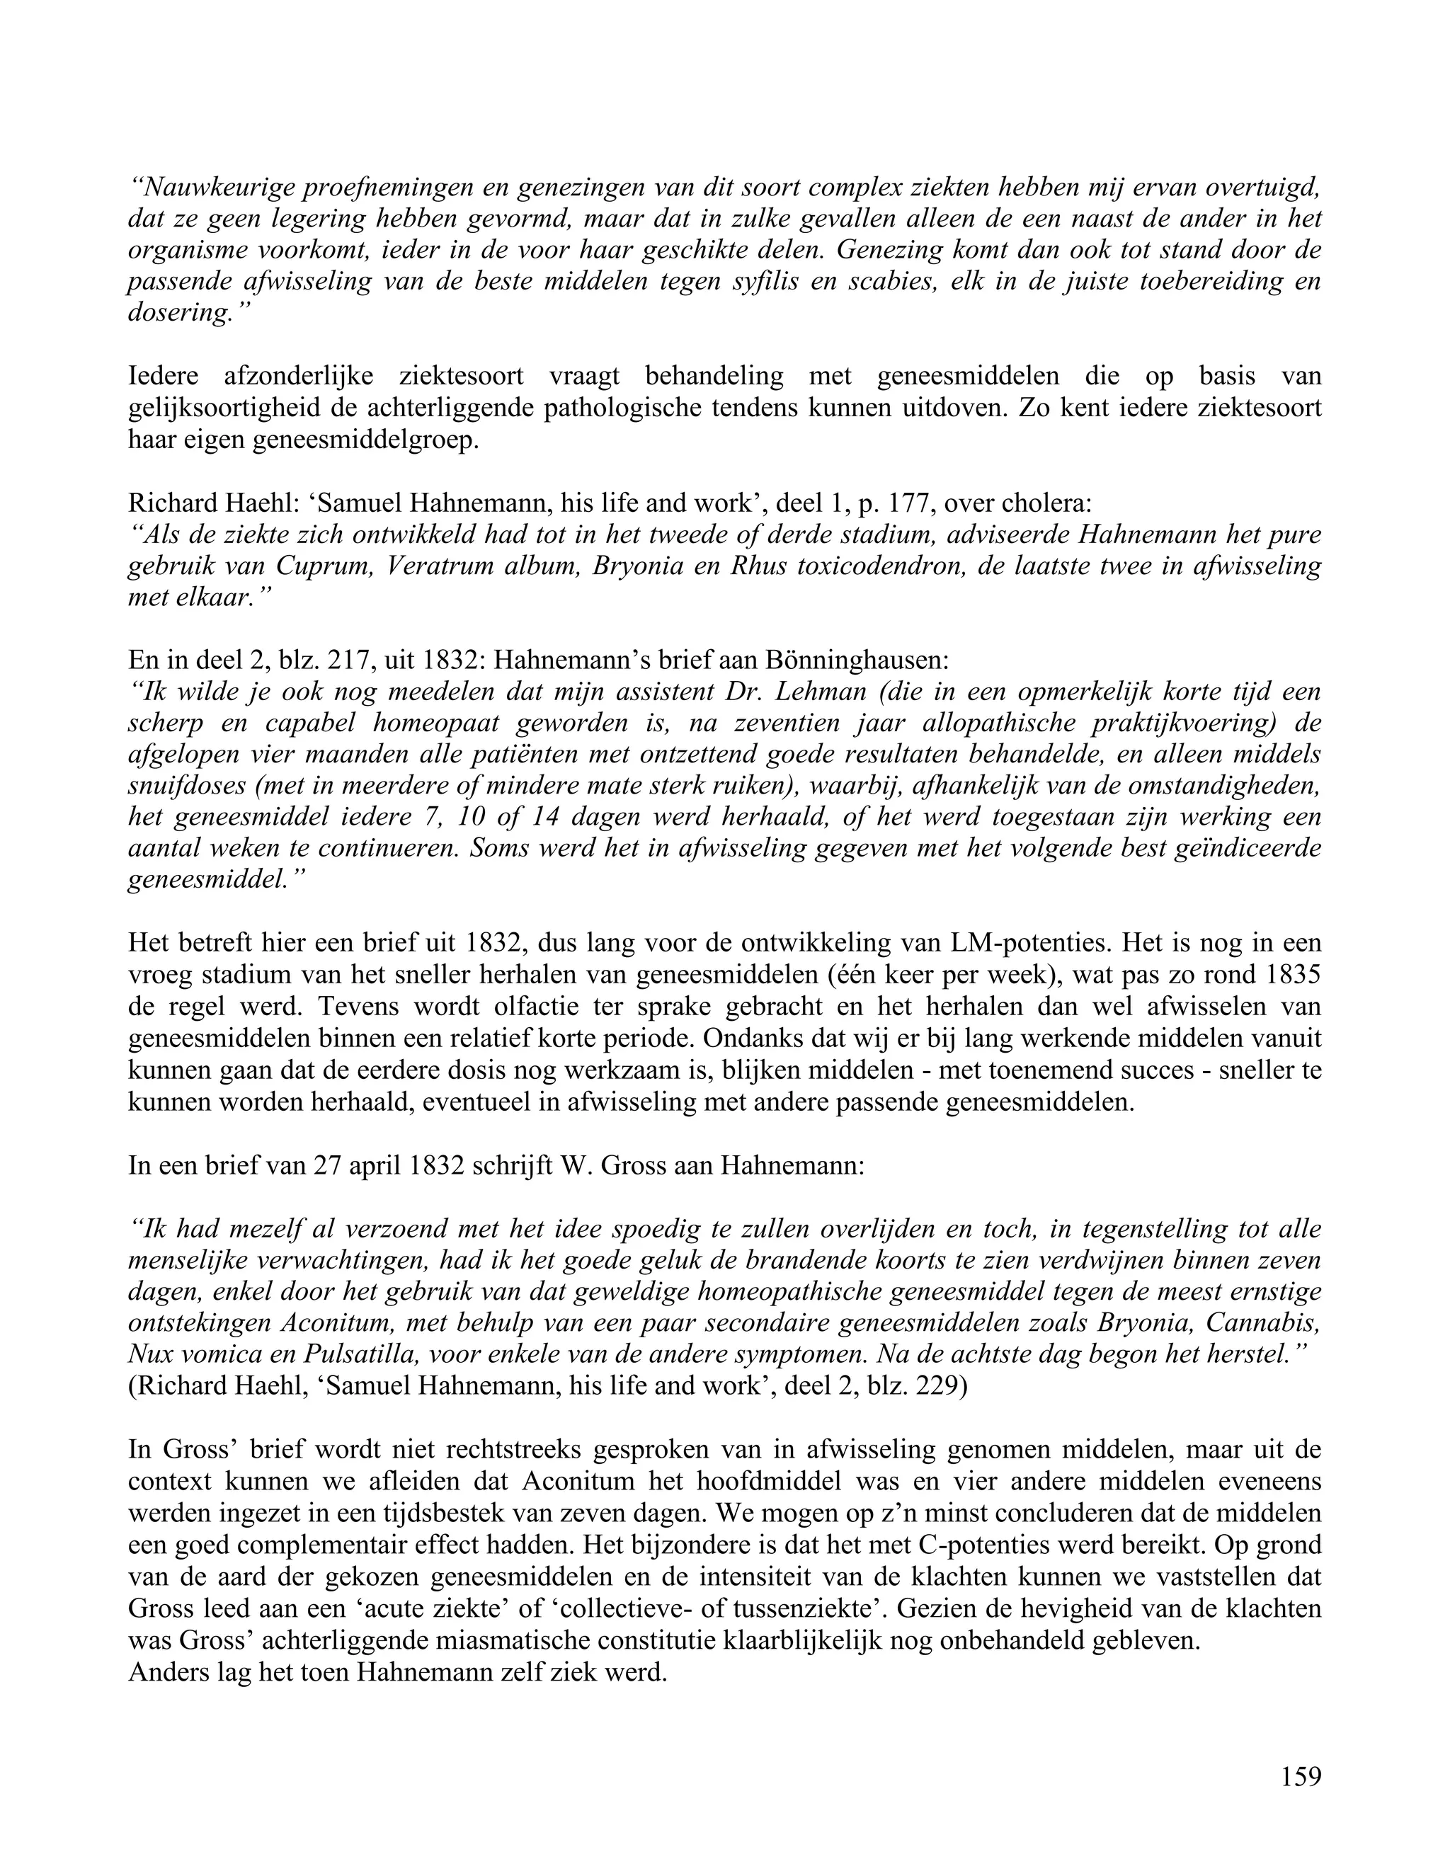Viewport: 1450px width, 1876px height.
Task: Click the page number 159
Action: (1301, 1776)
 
